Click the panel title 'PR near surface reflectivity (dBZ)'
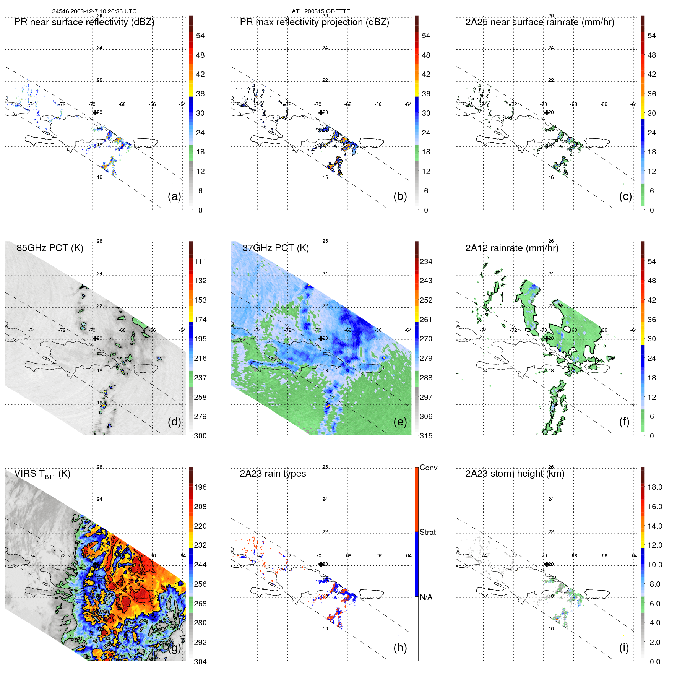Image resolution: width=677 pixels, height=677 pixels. coord(84,22)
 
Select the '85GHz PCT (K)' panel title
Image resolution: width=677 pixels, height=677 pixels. coord(50,248)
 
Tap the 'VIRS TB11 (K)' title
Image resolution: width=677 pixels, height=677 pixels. coord(42,474)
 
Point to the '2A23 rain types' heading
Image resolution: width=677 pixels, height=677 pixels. coord(273,474)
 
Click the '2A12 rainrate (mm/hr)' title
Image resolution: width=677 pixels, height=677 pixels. coord(511,248)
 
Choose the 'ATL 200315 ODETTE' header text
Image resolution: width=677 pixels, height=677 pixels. coord(321,11)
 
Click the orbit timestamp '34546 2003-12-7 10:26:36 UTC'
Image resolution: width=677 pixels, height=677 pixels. coord(94,11)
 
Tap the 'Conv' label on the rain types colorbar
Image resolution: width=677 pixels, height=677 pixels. coord(428,468)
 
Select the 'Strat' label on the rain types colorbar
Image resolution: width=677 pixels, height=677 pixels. coord(427,532)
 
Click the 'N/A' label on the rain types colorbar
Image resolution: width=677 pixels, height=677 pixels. coord(426,597)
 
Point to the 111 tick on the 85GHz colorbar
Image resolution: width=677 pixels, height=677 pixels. coord(200,261)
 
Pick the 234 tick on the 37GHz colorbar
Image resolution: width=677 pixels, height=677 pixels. coord(426,261)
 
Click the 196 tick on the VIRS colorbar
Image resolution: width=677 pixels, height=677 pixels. coord(200,487)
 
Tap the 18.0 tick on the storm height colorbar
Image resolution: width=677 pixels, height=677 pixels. coord(654,487)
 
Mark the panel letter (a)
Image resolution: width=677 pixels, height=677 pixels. coord(174,196)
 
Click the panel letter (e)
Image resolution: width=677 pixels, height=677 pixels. coord(400,422)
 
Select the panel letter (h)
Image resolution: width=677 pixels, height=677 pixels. coord(400,647)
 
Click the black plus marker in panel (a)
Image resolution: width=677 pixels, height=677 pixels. coord(95,112)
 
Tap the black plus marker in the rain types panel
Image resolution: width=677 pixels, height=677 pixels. coord(321,564)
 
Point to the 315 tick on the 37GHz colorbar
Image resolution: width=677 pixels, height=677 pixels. coord(426,436)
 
